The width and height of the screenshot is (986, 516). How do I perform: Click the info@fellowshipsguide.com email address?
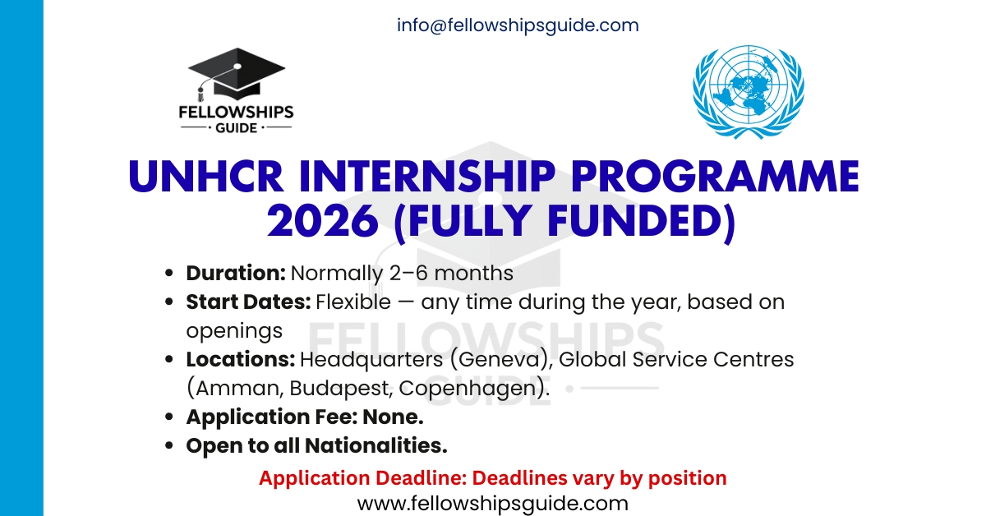pos(517,25)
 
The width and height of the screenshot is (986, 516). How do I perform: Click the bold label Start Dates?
pos(248,302)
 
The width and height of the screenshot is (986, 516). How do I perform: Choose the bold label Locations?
pos(240,360)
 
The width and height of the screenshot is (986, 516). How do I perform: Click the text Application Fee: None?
pos(305,417)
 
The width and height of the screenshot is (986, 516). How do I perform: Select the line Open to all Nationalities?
pos(316,446)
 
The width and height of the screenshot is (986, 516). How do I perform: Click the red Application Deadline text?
pos(492,477)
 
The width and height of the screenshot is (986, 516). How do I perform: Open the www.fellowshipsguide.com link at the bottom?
pos(492,502)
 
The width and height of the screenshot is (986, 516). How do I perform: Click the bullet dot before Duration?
pos(170,274)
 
